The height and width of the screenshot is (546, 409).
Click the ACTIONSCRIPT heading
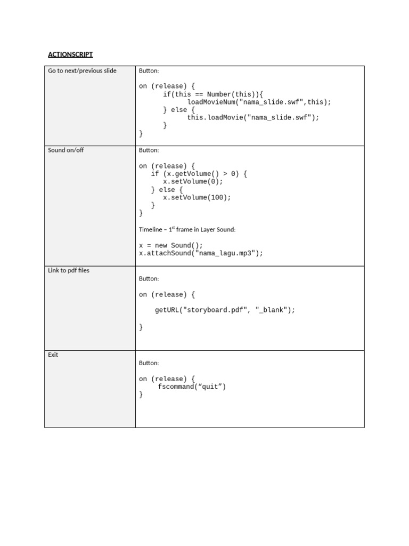[70, 54]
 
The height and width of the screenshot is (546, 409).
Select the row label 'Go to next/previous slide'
[82, 71]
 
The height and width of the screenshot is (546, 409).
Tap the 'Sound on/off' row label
[66, 150]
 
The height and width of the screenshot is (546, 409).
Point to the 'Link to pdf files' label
[69, 270]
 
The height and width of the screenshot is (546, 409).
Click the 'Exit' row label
[53, 355]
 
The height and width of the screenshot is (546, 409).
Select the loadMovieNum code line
[259, 102]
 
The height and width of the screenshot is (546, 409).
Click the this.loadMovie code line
[253, 118]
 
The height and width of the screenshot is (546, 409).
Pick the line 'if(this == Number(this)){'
[213, 94]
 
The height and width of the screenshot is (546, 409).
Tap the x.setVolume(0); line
[193, 181]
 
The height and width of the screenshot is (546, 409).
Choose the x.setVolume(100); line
[197, 197]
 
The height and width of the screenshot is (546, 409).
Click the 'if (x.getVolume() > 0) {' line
[199, 174]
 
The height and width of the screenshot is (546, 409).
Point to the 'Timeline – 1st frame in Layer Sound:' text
[187, 229]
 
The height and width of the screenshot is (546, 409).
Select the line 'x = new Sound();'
[171, 245]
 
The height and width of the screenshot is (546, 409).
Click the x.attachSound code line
[201, 253]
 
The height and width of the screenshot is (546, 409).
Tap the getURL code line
[225, 310]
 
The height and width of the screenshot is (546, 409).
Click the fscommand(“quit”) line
[192, 387]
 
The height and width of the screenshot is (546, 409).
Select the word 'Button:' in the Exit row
[149, 363]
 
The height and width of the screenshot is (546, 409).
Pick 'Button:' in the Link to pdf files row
[149, 279]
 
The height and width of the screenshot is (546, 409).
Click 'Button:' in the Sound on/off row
[149, 150]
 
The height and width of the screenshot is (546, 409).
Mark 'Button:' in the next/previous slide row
[149, 71]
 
